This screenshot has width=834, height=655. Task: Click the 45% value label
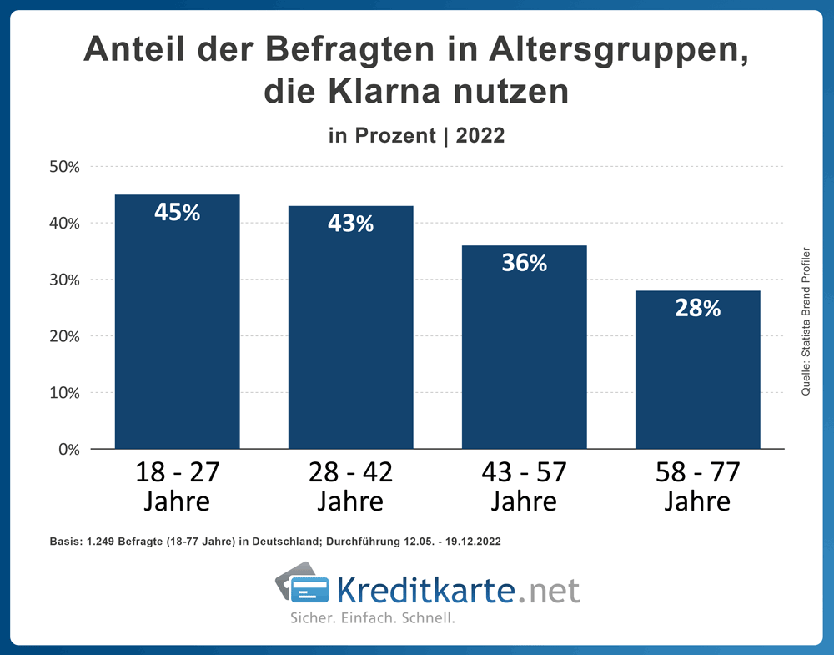pyautogui.click(x=178, y=212)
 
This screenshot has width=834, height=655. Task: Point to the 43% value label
pyautogui.click(x=351, y=223)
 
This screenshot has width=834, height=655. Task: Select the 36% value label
pyautogui.click(x=525, y=263)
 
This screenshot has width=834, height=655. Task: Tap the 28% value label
pyautogui.click(x=698, y=308)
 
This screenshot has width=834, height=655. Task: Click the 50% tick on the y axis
pyautogui.click(x=63, y=167)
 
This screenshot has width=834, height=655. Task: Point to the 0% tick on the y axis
pyautogui.click(x=68, y=449)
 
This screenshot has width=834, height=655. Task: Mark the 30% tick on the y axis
pyautogui.click(x=63, y=280)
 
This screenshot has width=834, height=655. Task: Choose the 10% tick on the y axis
pyautogui.click(x=63, y=392)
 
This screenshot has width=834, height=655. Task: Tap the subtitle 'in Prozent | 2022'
pyautogui.click(x=417, y=135)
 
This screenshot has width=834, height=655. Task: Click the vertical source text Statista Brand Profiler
pyautogui.click(x=806, y=321)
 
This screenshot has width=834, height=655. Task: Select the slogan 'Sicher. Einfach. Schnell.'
pyautogui.click(x=372, y=619)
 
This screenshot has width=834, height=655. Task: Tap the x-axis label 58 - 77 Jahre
pyautogui.click(x=698, y=486)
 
